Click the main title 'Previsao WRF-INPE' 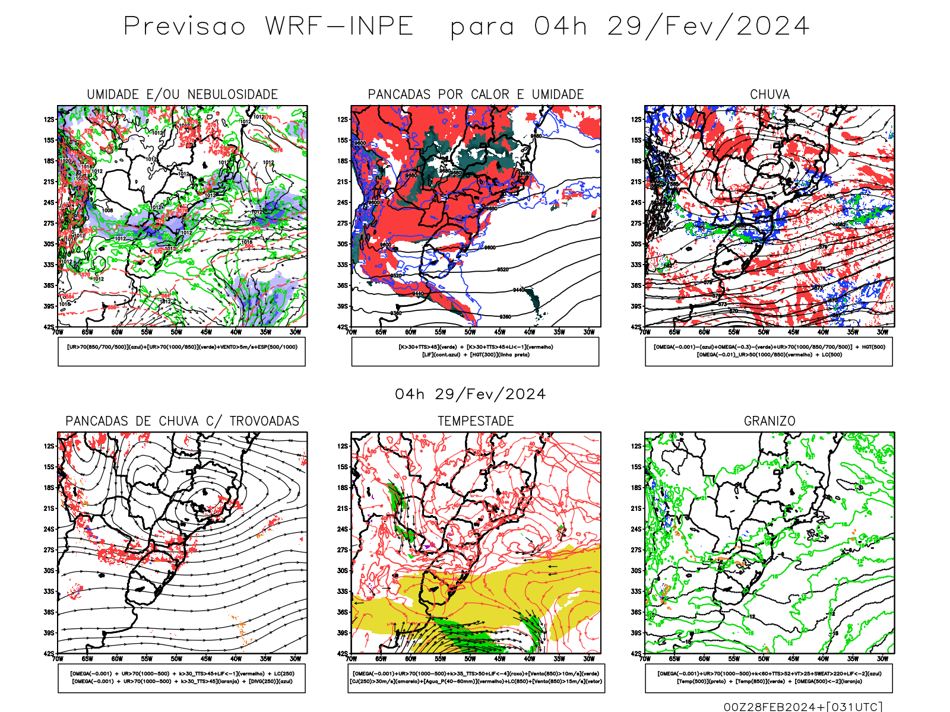(268, 27)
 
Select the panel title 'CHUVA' (769, 94)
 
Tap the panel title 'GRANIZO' (769, 421)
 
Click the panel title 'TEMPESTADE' (476, 421)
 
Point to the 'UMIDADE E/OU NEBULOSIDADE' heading (182, 94)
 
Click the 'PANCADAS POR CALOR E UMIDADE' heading (476, 94)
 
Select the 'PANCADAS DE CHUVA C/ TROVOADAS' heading (182, 421)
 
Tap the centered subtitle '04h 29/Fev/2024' (470, 394)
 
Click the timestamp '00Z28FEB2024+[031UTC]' (803, 706)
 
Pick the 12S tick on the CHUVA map (636, 119)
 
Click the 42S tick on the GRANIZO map (636, 654)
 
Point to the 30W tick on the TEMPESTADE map (588, 659)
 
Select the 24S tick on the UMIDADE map (49, 202)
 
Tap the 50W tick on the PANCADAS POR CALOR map (470, 332)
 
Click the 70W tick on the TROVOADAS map (58, 659)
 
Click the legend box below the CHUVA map (769, 351)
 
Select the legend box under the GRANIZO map (769, 678)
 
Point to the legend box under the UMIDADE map (182, 351)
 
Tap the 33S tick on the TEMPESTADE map (343, 592)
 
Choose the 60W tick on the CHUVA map (704, 332)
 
